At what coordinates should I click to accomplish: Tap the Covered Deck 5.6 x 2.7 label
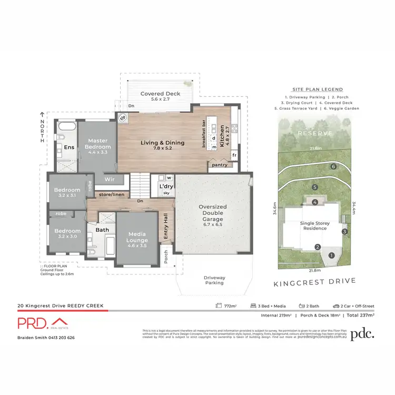click(x=161, y=96)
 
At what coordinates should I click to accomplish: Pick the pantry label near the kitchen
click(x=219, y=165)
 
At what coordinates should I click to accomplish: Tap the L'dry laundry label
click(x=167, y=186)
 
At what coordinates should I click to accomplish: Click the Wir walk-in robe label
click(x=110, y=179)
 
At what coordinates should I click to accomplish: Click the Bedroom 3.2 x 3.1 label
click(x=67, y=192)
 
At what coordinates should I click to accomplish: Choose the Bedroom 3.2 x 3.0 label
click(x=67, y=233)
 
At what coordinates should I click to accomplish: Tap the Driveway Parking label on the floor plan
click(x=214, y=280)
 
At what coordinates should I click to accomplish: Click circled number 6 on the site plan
click(x=334, y=166)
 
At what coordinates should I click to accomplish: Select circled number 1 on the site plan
click(x=331, y=255)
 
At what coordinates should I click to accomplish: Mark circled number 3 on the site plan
click(x=344, y=231)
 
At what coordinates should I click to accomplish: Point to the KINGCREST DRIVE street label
click(x=314, y=281)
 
